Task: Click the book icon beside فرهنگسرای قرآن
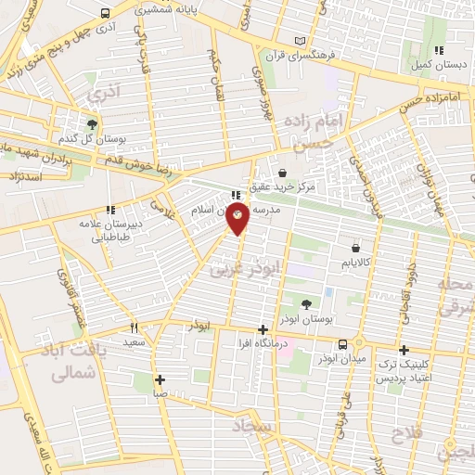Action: click(299, 41)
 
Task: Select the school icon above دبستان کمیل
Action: click(439, 50)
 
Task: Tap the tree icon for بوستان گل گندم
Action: click(92, 124)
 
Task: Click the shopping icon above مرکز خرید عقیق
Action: click(281, 173)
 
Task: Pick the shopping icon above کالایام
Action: click(356, 248)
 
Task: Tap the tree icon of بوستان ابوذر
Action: click(307, 304)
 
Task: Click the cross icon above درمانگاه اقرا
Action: click(263, 329)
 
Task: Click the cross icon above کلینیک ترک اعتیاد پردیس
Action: click(403, 350)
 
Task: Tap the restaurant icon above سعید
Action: click(135, 327)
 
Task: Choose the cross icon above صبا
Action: click(160, 379)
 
